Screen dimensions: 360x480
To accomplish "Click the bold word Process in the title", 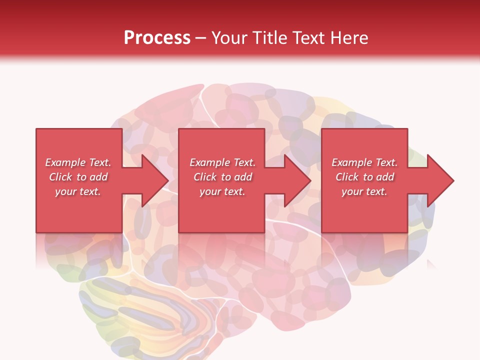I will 157,38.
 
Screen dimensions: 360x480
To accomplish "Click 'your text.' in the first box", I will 78,191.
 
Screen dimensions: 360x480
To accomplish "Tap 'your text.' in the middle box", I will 222,191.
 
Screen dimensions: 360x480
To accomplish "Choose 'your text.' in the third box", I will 364,191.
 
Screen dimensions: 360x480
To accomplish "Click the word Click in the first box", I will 61,177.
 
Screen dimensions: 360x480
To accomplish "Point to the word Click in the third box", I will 347,177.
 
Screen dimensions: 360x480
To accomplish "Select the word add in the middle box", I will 243,177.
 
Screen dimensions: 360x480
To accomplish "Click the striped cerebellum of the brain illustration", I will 145,310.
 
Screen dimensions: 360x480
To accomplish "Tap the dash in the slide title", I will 200,38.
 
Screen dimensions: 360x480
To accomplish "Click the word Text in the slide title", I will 308,38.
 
